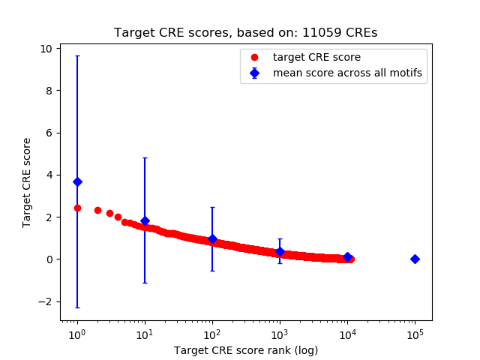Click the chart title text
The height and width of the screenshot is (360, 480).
[x=245, y=32]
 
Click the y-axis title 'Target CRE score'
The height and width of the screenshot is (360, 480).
[x=27, y=182]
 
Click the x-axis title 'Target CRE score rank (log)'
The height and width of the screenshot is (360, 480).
[x=245, y=350]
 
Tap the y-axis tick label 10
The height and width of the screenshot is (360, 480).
[x=46, y=48]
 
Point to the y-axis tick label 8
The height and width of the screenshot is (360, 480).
[x=49, y=90]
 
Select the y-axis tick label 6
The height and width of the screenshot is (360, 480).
[x=49, y=133]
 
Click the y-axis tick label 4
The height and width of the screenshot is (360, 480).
[x=49, y=175]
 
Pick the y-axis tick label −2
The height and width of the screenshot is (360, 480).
[x=46, y=301]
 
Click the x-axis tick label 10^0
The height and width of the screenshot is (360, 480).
[x=76, y=333]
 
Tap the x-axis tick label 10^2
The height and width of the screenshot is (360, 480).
[x=212, y=333]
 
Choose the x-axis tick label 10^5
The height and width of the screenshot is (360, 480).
[x=415, y=333]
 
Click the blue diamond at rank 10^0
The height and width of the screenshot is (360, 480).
[x=77, y=181]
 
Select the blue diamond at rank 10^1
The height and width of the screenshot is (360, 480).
[x=145, y=220]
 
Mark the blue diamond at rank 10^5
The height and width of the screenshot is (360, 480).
[x=415, y=259]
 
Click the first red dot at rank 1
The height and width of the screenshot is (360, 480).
[x=77, y=208]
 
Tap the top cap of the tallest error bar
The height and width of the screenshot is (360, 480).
[x=77, y=55]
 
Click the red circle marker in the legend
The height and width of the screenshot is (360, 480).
[x=254, y=57]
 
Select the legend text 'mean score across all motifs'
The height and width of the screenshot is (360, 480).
[x=346, y=73]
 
